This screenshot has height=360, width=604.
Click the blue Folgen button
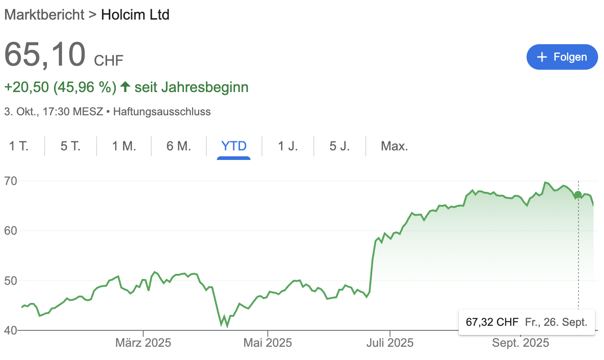pos(562,57)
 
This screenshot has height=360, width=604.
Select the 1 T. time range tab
pos(19,146)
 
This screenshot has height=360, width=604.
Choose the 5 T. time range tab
pos(71,146)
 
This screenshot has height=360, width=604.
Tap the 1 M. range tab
pos(124,146)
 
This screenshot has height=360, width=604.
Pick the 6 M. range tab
pos(179,146)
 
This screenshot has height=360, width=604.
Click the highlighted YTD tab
pos(234,146)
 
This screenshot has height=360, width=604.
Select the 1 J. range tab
pos(288,146)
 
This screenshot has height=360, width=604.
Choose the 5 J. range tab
pos(340,146)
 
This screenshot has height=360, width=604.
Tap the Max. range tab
pos(394,146)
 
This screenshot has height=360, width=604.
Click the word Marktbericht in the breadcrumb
pos(44,15)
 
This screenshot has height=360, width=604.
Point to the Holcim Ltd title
pos(135,15)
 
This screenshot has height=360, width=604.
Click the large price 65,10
pos(45,54)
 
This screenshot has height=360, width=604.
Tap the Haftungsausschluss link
pos(162,111)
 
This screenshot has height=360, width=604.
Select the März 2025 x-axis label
pos(143,343)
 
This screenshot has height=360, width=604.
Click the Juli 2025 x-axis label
pos(390,343)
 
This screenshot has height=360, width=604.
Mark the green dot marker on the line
pos(578,195)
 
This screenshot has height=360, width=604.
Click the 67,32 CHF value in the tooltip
pos(492,322)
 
